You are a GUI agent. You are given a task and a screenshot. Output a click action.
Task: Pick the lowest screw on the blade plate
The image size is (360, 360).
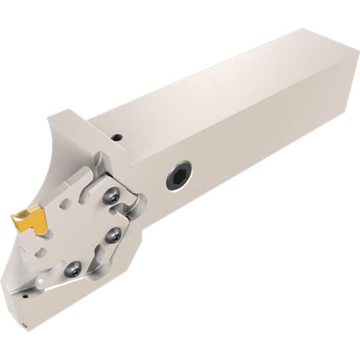coord(73,269)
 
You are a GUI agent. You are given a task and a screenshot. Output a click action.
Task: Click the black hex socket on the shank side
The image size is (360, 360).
coord(179,176)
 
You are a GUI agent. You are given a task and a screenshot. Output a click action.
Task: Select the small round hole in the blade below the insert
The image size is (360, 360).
coord(40,252)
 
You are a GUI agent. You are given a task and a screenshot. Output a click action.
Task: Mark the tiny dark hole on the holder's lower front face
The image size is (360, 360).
coord(26,296)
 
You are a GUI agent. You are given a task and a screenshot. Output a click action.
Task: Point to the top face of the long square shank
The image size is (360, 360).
coord(228,78)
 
